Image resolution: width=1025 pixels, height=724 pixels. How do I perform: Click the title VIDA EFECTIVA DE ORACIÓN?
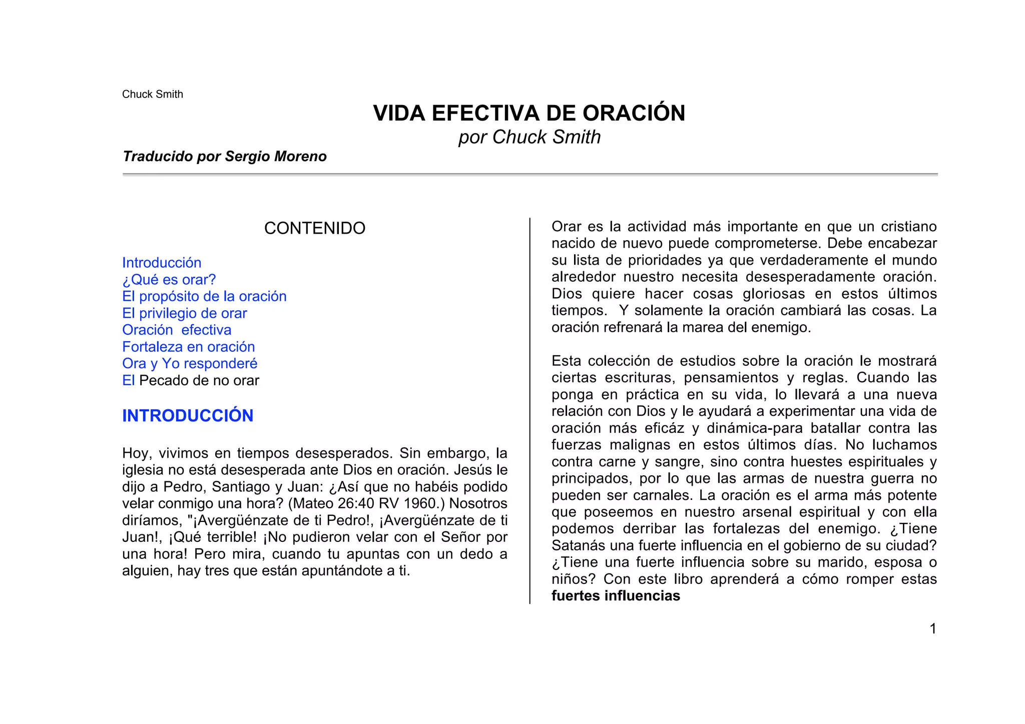(529, 113)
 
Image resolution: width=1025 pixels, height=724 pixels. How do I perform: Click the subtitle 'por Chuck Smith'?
(530, 137)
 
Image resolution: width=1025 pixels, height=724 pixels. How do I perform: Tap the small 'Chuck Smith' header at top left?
(153, 94)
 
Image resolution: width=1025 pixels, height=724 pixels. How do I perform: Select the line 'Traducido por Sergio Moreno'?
(224, 157)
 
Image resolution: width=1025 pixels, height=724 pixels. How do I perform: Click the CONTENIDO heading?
(315, 228)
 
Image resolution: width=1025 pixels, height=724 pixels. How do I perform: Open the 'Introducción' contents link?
(162, 263)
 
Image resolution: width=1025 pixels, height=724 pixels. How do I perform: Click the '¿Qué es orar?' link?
(169, 280)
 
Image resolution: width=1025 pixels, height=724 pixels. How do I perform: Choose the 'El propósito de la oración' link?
(204, 296)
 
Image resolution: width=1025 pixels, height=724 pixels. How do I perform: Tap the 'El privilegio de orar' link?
(185, 313)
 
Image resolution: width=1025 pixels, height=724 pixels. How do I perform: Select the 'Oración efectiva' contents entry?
(177, 330)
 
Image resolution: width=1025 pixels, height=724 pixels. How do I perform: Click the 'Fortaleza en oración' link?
(189, 347)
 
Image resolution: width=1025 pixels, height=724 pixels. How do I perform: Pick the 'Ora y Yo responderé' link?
(190, 364)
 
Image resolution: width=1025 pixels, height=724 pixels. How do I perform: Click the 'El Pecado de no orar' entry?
(191, 381)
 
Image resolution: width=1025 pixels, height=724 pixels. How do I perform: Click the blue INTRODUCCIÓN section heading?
(188, 416)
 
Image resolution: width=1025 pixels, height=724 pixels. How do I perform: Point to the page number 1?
(933, 628)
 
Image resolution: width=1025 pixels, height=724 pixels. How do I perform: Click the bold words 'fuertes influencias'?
(616, 596)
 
